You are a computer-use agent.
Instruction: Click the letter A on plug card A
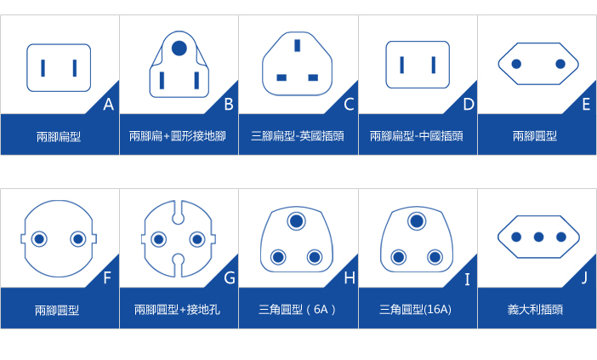coord(109,104)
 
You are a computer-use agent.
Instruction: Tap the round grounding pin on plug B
coord(179,49)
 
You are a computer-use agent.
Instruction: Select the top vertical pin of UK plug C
coord(297,45)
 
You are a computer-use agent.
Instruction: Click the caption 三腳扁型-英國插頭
coord(298,136)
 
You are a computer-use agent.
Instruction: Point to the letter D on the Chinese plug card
coord(469,104)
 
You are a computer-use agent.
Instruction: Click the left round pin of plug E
coord(516,64)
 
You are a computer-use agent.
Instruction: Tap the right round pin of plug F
coord(78,239)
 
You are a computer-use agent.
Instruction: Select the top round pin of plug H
coord(297,221)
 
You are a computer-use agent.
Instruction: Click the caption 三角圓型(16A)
coord(415,309)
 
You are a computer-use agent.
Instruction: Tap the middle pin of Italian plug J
coord(538,237)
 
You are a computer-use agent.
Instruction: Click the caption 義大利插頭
coord(535,309)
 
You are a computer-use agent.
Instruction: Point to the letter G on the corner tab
coord(230,278)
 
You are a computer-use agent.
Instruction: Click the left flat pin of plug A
coord(43,68)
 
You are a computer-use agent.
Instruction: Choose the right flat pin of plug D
coord(434,65)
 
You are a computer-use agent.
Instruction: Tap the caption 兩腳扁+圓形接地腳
coord(178,136)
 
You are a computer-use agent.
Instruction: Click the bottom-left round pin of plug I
coord(399,257)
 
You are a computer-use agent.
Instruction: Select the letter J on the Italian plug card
coord(584,278)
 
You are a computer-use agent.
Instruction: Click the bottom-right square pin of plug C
coord(313,77)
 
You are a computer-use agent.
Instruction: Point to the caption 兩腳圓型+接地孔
coord(177,309)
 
